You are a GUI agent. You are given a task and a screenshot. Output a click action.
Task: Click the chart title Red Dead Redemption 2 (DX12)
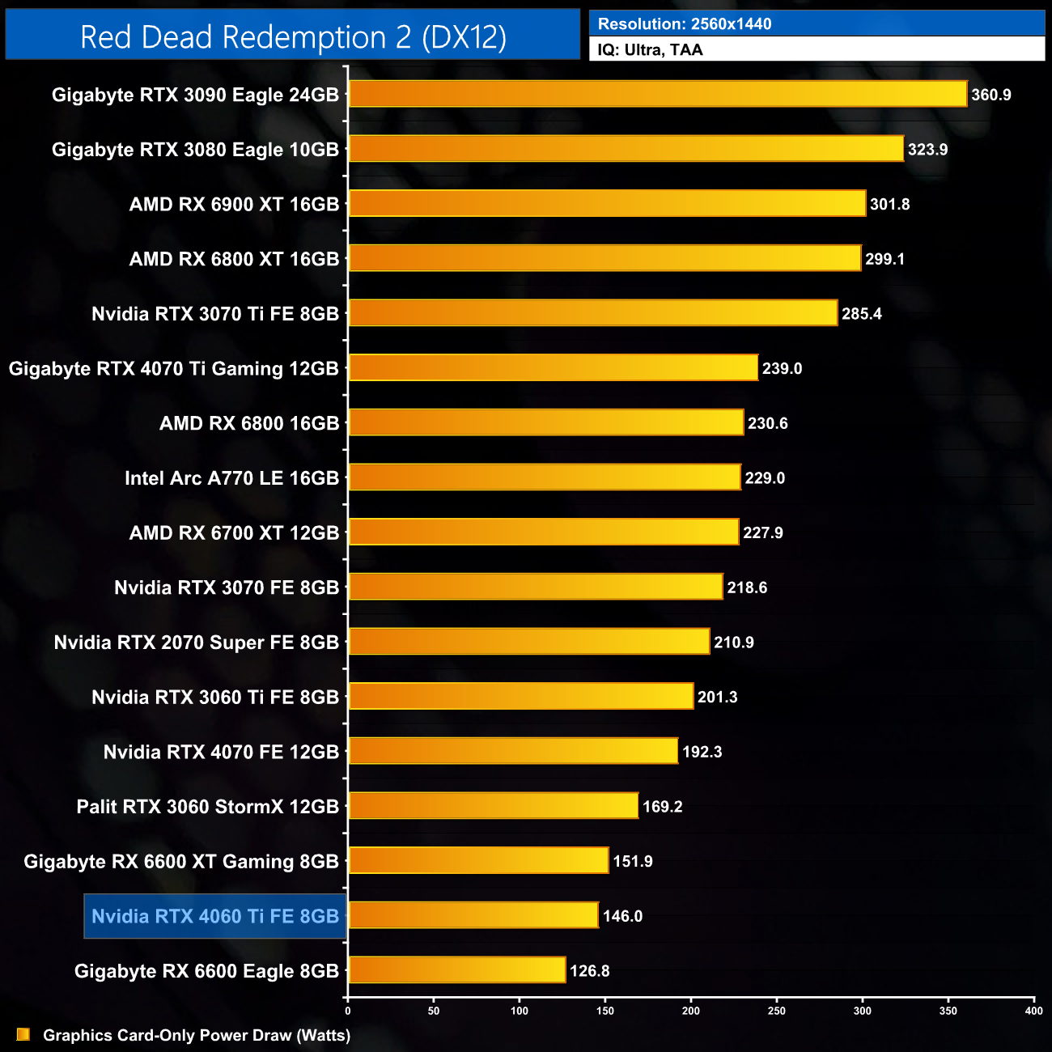(x=293, y=37)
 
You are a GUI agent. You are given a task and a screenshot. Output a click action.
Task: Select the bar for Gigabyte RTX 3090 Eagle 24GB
(x=657, y=94)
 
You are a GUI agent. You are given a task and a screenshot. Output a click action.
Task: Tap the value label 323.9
(x=927, y=150)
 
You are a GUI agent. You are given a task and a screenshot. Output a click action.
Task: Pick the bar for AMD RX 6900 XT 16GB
(x=607, y=204)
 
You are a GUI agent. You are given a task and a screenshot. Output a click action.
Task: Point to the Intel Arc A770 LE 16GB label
(x=231, y=478)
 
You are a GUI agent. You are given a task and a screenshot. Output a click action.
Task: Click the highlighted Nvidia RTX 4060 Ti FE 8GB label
(x=215, y=916)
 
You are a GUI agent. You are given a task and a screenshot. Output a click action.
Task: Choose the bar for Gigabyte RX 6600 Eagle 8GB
(x=456, y=970)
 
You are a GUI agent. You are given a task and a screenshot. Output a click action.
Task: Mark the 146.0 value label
(x=622, y=916)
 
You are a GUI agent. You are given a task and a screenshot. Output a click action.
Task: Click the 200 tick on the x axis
(x=691, y=1011)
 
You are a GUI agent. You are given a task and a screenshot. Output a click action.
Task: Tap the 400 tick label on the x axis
(x=1033, y=1011)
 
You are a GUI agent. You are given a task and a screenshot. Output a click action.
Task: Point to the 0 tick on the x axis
(x=348, y=1011)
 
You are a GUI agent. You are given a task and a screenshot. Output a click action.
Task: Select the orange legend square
(x=23, y=1034)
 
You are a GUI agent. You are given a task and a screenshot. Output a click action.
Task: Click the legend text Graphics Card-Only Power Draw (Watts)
(x=197, y=1035)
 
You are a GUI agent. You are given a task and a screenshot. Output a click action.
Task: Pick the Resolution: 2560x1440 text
(x=685, y=23)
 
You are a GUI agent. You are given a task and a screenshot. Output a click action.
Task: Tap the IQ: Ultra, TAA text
(x=650, y=50)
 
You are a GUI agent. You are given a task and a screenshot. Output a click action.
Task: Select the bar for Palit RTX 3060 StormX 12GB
(x=493, y=806)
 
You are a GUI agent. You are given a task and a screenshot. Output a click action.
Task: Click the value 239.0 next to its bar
(x=782, y=369)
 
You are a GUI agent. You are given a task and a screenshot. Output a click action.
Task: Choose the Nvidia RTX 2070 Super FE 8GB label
(x=196, y=643)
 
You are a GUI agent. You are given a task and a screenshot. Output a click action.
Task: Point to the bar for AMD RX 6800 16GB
(x=545, y=422)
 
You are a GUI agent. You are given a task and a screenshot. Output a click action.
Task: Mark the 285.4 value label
(x=861, y=314)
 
